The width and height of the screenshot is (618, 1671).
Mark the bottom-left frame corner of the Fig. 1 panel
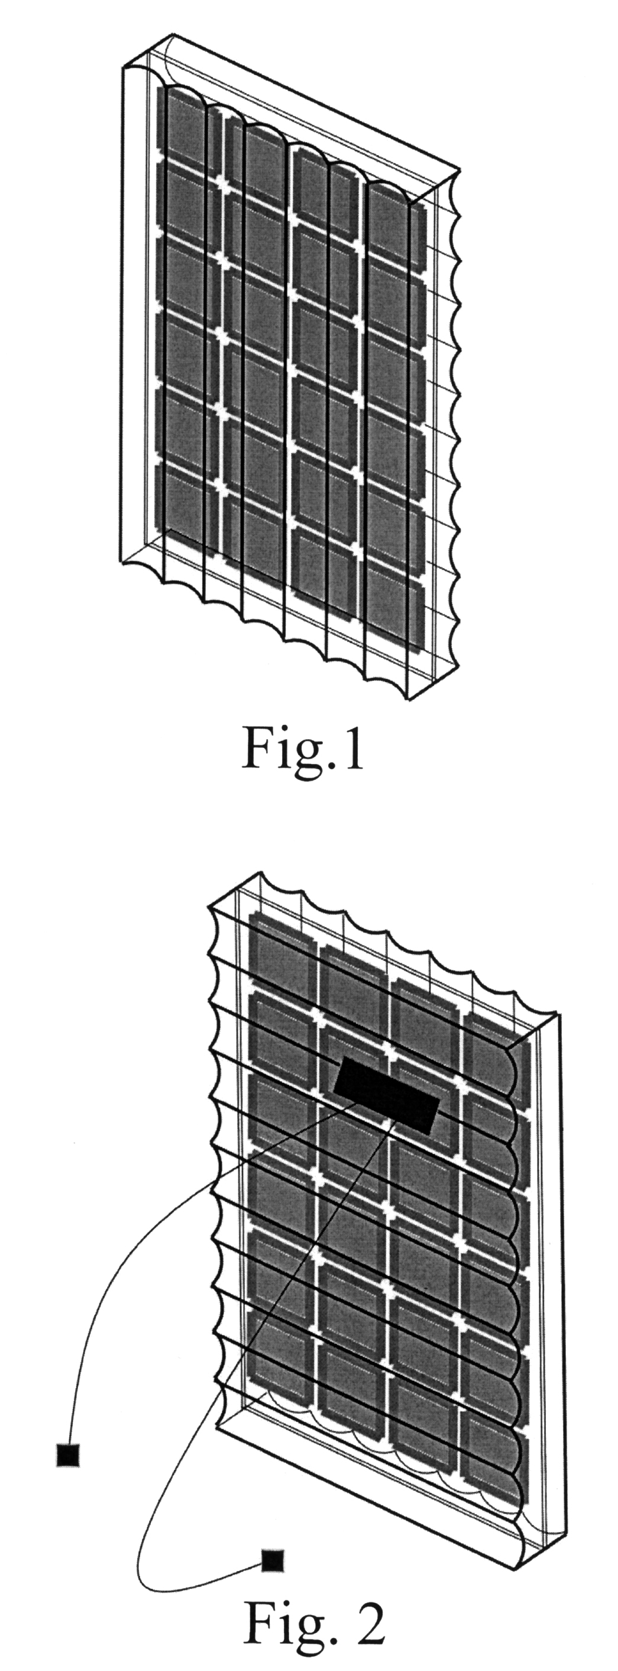coord(122,563)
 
